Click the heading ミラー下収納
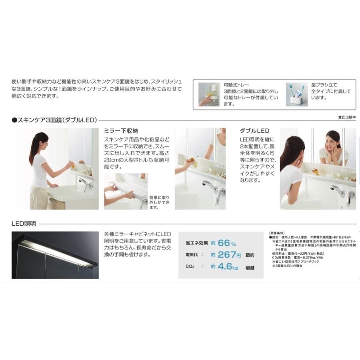121,131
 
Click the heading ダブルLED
254,131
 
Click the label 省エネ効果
196,243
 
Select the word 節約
250,255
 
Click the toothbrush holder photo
297,94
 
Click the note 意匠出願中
347,117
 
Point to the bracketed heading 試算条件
276,233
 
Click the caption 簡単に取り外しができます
156,203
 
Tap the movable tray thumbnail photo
208,94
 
